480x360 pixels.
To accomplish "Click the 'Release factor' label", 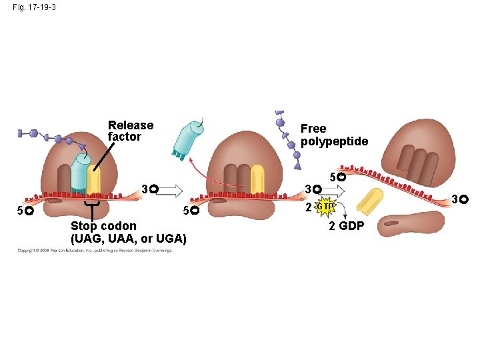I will [x=131, y=131].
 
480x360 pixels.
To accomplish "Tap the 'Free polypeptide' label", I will [x=334, y=135].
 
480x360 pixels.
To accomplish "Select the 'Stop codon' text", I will [x=103, y=226].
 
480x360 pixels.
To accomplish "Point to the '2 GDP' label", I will [x=347, y=226].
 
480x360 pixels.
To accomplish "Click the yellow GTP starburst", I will [x=325, y=207].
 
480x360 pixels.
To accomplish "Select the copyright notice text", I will [x=95, y=251].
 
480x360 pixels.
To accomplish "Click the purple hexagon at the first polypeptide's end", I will [x=32, y=133].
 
